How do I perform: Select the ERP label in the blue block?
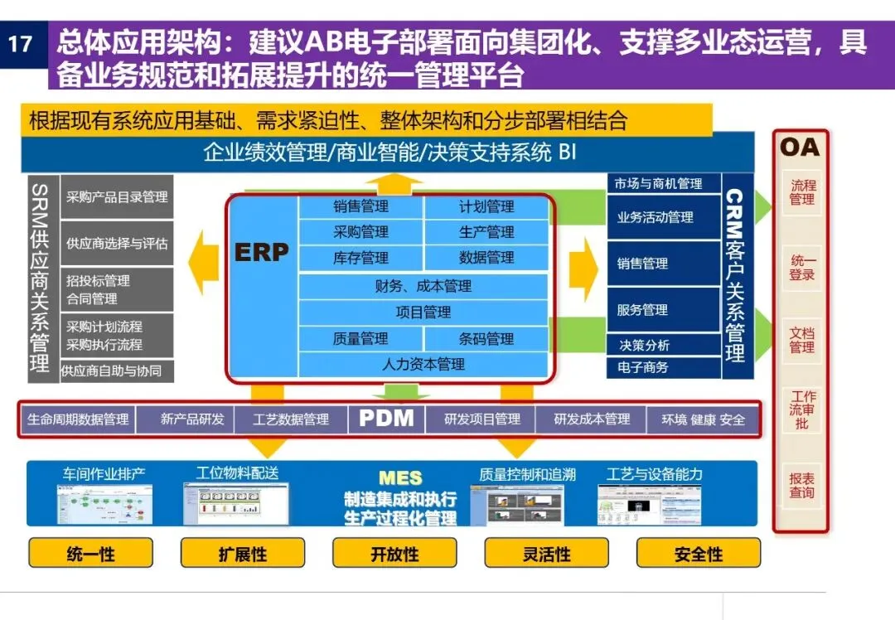(x=262, y=252)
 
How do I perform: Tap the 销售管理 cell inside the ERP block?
(x=360, y=207)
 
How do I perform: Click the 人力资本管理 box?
(x=423, y=364)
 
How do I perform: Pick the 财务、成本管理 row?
(x=423, y=286)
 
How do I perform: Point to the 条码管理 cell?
(x=486, y=338)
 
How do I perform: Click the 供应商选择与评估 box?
(x=117, y=243)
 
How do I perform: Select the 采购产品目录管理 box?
(x=117, y=197)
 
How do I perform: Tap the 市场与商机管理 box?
(x=659, y=184)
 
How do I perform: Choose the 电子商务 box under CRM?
(x=644, y=366)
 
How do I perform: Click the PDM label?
(x=386, y=419)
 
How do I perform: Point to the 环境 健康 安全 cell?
(x=703, y=419)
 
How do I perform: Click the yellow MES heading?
(x=400, y=478)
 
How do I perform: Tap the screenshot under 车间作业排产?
(x=104, y=503)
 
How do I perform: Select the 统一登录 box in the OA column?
(x=801, y=268)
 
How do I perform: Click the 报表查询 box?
(x=801, y=486)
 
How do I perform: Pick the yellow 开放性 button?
(x=394, y=554)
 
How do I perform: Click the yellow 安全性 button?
(x=699, y=554)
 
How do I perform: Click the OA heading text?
(x=799, y=148)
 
